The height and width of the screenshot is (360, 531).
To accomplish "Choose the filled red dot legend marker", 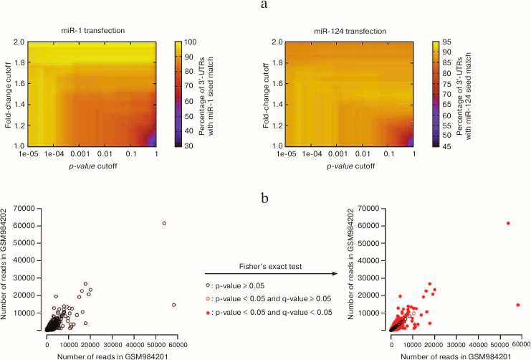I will (208, 312).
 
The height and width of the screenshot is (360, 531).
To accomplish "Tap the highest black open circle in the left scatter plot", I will (164, 223).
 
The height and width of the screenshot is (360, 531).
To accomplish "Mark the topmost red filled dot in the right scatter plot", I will (508, 223).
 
